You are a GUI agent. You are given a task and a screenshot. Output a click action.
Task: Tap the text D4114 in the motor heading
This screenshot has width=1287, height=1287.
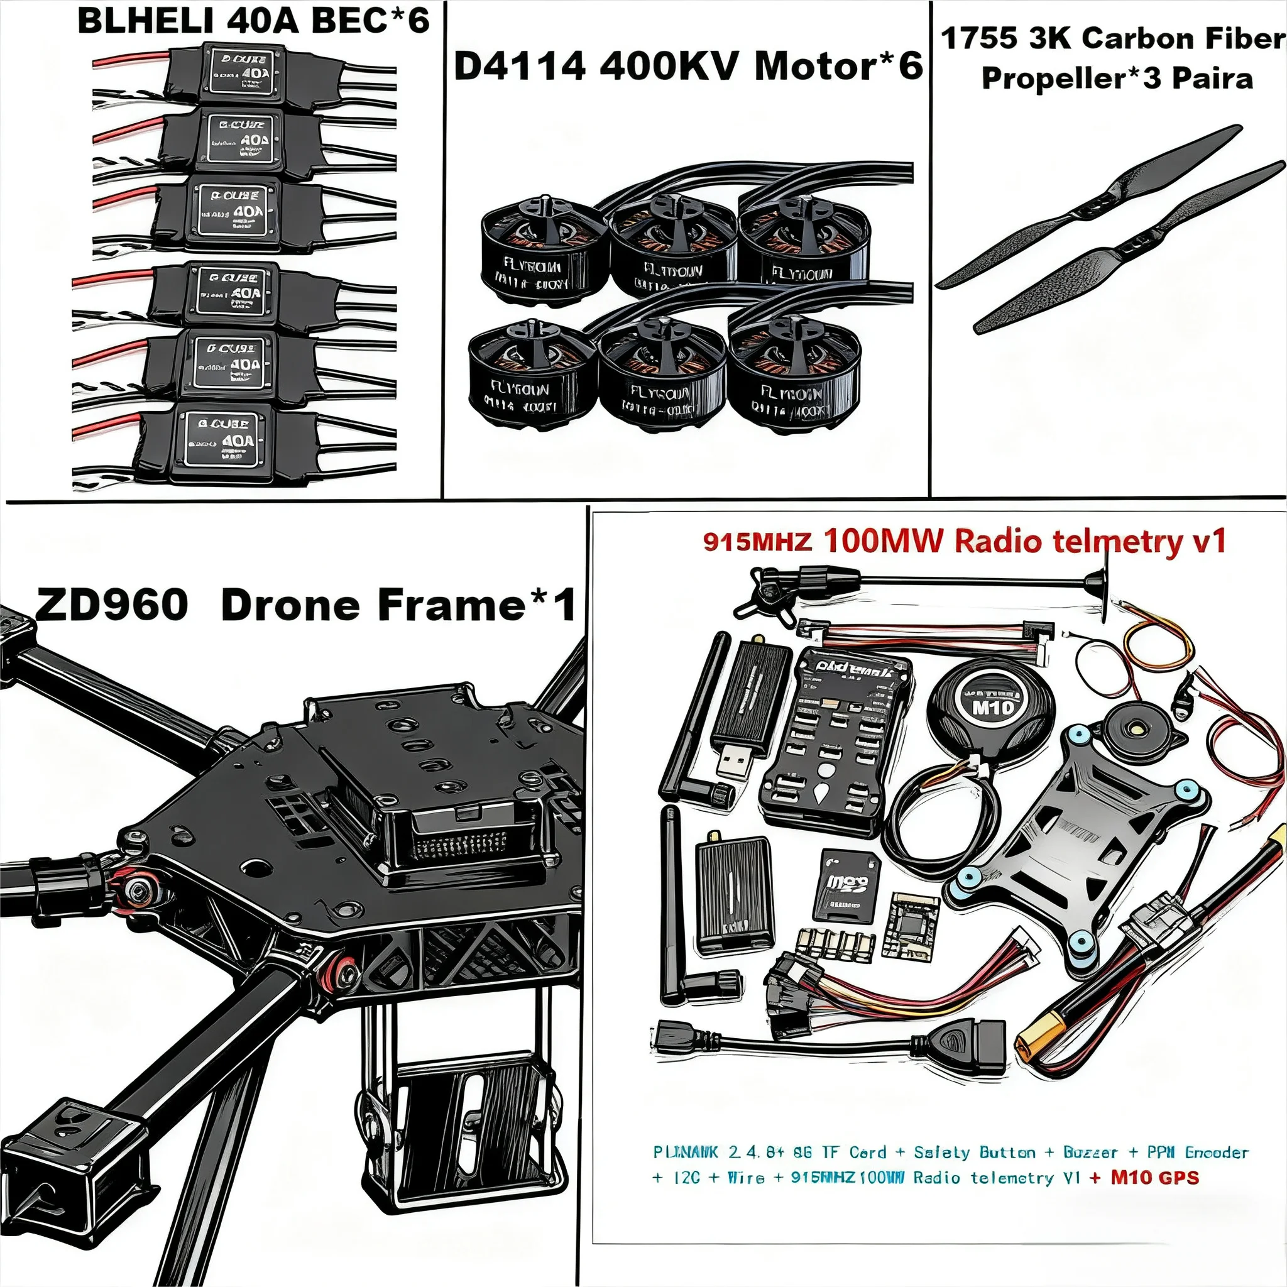click(520, 67)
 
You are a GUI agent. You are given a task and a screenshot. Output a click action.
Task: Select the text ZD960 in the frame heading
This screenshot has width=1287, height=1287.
click(111, 605)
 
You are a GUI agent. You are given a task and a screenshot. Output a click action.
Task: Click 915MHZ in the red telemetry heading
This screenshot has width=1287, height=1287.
click(757, 542)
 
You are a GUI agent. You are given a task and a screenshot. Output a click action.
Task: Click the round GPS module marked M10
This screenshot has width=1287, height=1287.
click(992, 706)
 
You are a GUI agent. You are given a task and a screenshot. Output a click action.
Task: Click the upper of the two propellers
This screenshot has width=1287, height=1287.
click(1088, 206)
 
